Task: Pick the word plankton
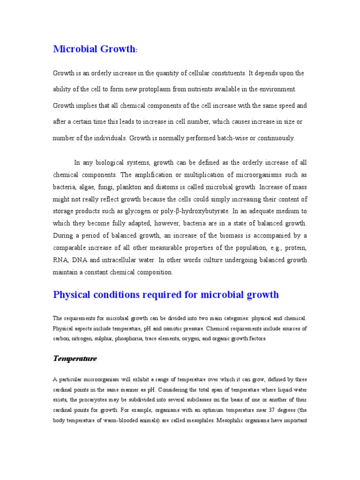[x=131, y=187]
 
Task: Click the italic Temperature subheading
[x=75, y=359]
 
